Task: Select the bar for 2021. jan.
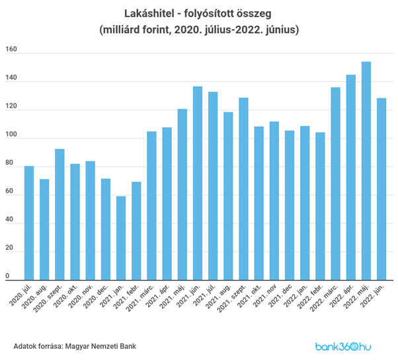pyautogui.click(x=121, y=238)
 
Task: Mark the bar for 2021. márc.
pyautogui.click(x=151, y=205)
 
